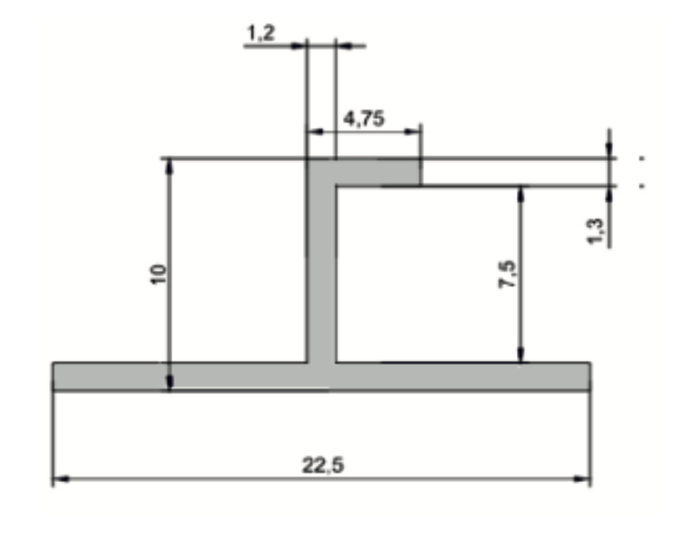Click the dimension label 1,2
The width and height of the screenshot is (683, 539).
coord(261,34)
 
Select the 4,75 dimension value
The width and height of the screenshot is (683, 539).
coord(364,119)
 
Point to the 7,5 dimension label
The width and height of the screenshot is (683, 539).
coord(507,275)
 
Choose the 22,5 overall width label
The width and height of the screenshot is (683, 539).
coord(323,466)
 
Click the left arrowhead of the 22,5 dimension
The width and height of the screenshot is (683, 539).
coord(61,479)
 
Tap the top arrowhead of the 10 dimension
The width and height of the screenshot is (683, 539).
coord(169,166)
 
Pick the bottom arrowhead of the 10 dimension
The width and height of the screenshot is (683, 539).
coord(169,384)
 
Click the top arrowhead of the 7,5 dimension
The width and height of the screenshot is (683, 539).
coord(520,193)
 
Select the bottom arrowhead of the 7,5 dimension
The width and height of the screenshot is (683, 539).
coord(520,355)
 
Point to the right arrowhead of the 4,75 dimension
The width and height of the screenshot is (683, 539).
coord(413,131)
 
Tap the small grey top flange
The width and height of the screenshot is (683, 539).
coord(377,172)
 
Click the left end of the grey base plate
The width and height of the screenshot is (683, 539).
coord(63,376)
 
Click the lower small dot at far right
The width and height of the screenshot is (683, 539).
coord(642,185)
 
